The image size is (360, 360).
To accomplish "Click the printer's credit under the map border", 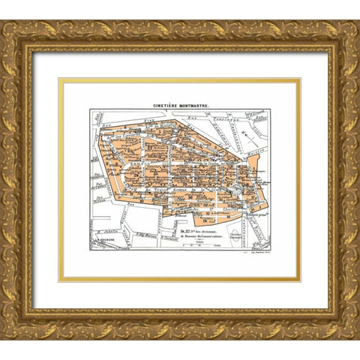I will point(255,252).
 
